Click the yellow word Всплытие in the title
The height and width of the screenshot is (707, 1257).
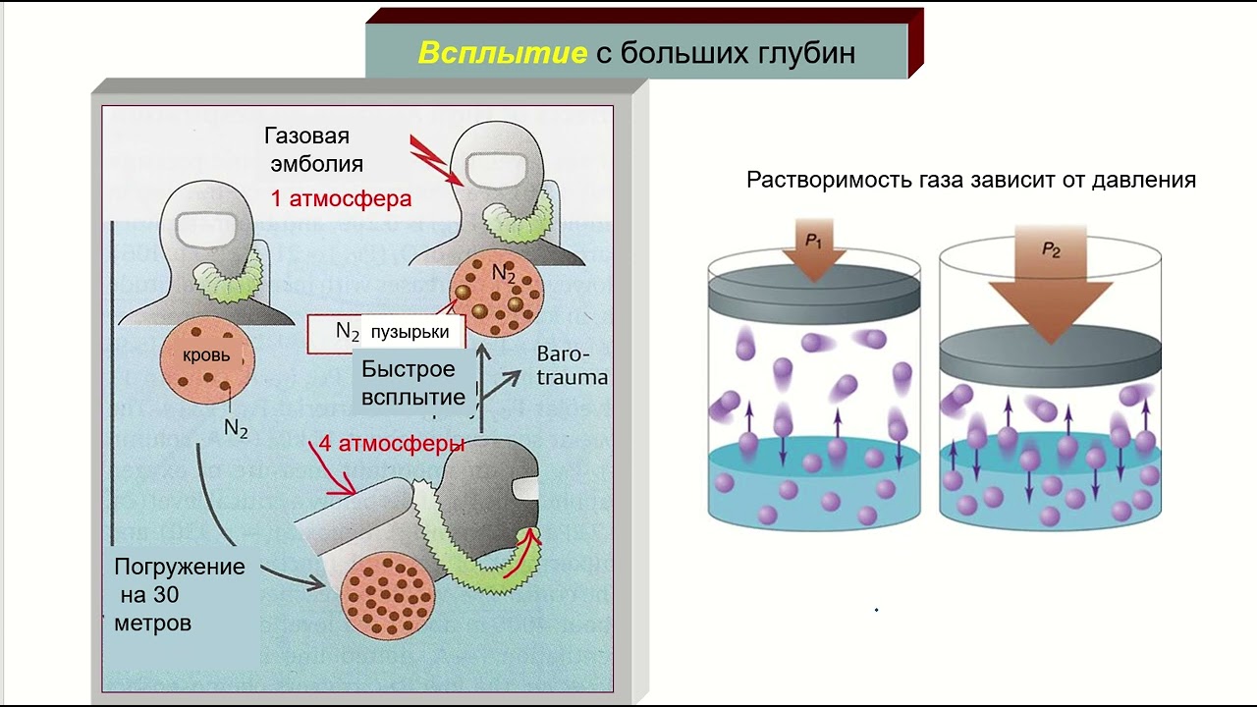(502, 53)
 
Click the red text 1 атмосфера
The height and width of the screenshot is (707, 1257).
(341, 198)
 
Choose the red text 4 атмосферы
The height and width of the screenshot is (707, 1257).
(391, 444)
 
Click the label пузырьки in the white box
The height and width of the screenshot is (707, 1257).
(410, 332)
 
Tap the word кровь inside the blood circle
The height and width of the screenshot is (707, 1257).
(206, 355)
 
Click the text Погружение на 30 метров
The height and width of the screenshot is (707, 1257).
(179, 594)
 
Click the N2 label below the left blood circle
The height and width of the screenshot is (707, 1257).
(236, 427)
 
